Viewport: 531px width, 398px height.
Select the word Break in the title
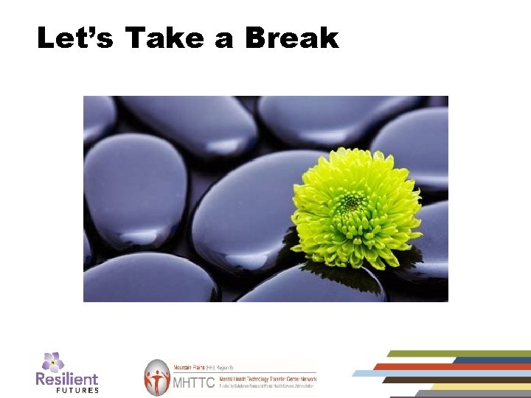[x=291, y=38]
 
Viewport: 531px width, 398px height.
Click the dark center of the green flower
[x=352, y=200]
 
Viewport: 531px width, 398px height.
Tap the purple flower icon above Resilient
[x=52, y=362]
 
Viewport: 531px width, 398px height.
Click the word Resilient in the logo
[x=67, y=380]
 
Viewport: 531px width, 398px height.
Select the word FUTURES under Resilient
[x=77, y=390]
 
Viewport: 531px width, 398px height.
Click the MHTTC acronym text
[x=192, y=383]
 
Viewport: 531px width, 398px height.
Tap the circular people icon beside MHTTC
[x=157, y=377]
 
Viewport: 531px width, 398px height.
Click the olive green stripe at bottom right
[x=457, y=354]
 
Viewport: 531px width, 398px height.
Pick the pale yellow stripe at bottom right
[x=479, y=386]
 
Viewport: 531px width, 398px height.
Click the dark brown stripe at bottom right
[x=442, y=380]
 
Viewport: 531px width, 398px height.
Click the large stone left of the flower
[x=243, y=214]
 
